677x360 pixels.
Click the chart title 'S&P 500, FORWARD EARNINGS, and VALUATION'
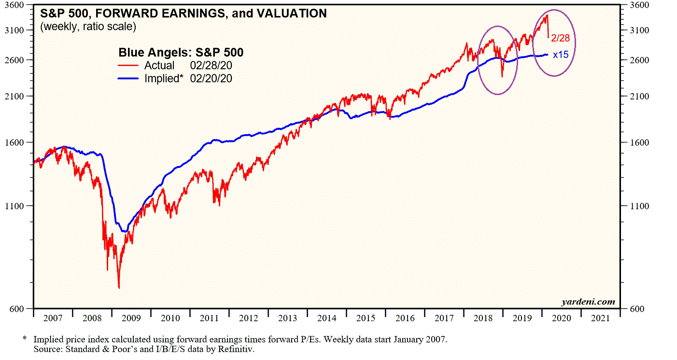pos(183,14)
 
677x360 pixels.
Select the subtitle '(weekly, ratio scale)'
pos(88,27)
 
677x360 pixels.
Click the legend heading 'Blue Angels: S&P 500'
pos(181,53)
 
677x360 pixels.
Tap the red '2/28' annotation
pos(561,38)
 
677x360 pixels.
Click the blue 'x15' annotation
pos(561,55)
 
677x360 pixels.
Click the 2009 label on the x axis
pos(130,318)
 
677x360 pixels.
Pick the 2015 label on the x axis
pos(365,318)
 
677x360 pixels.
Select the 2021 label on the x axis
pos(600,318)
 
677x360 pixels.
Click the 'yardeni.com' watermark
pos(588,302)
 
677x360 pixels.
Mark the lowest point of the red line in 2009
pos(119,288)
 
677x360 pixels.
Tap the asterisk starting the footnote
pos(25,339)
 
